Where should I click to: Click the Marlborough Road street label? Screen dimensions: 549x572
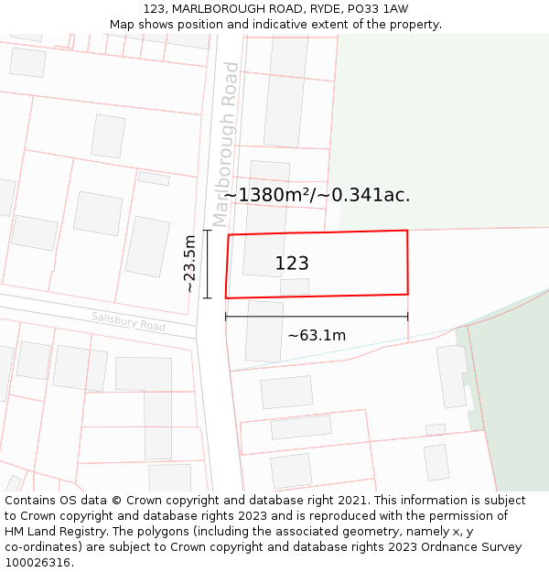click(x=225, y=144)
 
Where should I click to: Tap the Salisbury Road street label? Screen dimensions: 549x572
click(x=128, y=321)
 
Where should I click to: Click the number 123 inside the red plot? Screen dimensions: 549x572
click(x=292, y=264)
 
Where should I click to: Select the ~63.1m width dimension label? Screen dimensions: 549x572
click(x=317, y=335)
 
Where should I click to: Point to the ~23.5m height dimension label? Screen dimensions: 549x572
click(x=189, y=264)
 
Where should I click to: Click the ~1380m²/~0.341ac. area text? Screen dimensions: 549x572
click(x=317, y=194)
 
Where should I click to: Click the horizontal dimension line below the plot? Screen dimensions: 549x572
click(x=317, y=317)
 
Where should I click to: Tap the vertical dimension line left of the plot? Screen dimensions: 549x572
click(x=208, y=264)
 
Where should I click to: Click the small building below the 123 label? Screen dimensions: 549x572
click(x=295, y=286)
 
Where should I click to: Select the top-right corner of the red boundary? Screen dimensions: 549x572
click(x=406, y=231)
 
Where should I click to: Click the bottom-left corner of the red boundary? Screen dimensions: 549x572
click(x=226, y=297)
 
